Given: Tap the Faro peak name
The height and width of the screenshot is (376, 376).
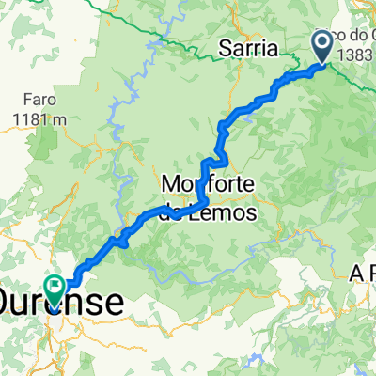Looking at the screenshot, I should [x=38, y=101].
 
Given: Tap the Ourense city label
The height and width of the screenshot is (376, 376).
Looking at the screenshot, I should [x=62, y=304].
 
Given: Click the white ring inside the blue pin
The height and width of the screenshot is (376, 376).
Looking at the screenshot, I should [x=323, y=41].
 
